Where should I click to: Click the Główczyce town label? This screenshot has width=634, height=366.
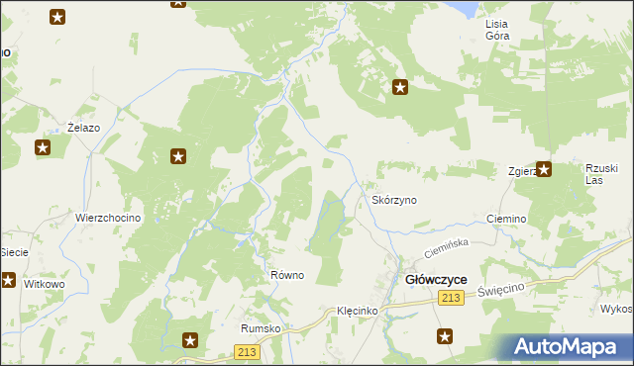pyautogui.click(x=437, y=280)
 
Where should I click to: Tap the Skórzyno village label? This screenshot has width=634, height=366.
pyautogui.click(x=394, y=200)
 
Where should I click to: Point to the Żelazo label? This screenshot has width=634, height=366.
pyautogui.click(x=83, y=128)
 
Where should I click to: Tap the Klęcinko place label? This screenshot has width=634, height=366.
pyautogui.click(x=356, y=311)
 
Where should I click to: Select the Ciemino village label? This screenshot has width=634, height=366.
pyautogui.click(x=505, y=218)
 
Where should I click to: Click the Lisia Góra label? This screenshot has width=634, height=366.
pyautogui.click(x=496, y=29)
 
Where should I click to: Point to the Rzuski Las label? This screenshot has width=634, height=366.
pyautogui.click(x=600, y=173)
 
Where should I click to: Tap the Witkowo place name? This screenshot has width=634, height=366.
pyautogui.click(x=44, y=284)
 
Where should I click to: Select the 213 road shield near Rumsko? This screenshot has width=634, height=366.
pyautogui.click(x=248, y=352)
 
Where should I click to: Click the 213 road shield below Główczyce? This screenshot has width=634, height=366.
pyautogui.click(x=453, y=300)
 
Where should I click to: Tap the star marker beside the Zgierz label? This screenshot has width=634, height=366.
pyautogui.click(x=544, y=169)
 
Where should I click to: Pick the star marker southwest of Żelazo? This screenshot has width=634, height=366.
pyautogui.click(x=43, y=148)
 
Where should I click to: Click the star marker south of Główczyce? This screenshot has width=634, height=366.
pyautogui.click(x=446, y=337)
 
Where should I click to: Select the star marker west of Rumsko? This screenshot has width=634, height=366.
pyautogui.click(x=190, y=340)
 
